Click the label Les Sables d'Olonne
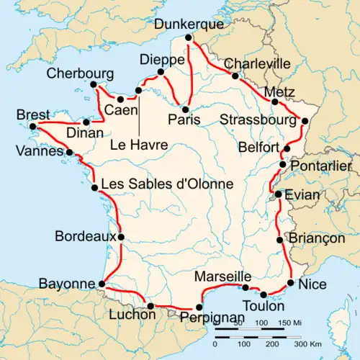[x=167, y=184]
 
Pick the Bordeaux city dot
[x=121, y=236]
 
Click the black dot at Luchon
[x=150, y=306]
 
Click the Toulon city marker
[x=264, y=294]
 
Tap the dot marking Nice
[x=290, y=282]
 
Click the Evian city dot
[x=278, y=194]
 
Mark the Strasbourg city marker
[x=304, y=121]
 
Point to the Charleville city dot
[x=235, y=75]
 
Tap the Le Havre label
[x=139, y=145]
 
